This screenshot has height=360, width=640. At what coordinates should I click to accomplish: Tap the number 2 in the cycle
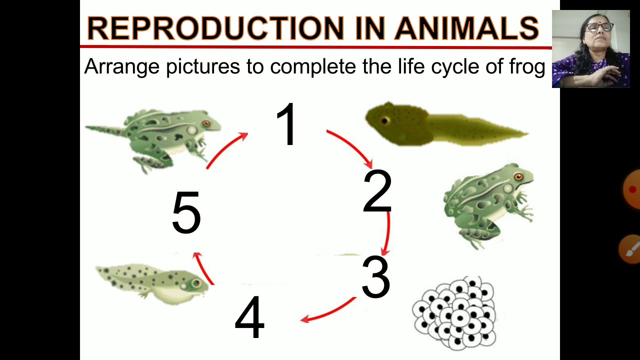pos(377,192)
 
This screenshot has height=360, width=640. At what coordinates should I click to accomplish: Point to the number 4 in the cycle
pos(249,317)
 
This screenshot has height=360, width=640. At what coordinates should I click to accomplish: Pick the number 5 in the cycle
pos(186,213)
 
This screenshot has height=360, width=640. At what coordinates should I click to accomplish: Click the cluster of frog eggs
pos(454,313)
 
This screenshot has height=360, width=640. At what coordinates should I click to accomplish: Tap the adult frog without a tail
pos(487,205)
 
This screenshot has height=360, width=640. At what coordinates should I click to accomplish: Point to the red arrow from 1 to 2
pos(352,147)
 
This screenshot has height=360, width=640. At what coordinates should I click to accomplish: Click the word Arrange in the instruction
pos(122,67)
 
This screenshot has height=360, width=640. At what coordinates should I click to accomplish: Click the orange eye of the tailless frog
pos(518,177)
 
